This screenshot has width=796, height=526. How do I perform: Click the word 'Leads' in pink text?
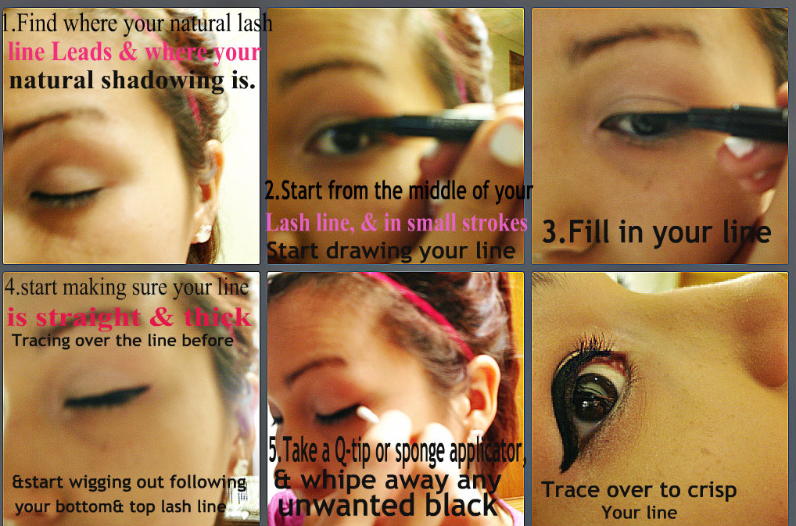point(81,52)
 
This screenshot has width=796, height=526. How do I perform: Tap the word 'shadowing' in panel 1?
point(163,81)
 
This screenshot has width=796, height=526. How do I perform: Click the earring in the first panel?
point(203,234)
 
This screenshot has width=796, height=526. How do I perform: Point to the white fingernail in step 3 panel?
point(740,147)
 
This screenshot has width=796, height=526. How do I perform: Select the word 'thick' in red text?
point(218,317)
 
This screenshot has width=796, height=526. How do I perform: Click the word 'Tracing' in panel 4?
point(41,340)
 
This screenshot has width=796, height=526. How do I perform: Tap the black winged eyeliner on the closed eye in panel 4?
point(107,397)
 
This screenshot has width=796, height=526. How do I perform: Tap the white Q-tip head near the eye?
point(368,415)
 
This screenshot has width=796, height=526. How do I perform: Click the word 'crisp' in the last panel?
point(712,491)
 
